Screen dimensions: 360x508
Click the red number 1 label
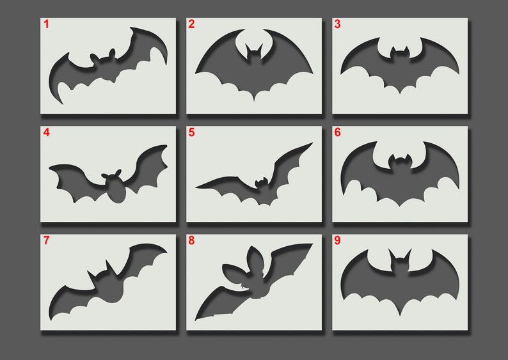click(x=46, y=24)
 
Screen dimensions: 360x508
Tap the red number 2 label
click(x=191, y=24)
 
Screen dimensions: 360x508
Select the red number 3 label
click(x=337, y=24)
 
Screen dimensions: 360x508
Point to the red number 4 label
click(x=46, y=133)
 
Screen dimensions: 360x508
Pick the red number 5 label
click(x=191, y=133)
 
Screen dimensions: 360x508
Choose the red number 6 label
click(x=337, y=133)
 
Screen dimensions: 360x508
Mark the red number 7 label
click(x=46, y=241)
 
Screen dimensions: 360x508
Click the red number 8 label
click(x=191, y=241)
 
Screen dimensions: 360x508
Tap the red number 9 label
click(x=337, y=241)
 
